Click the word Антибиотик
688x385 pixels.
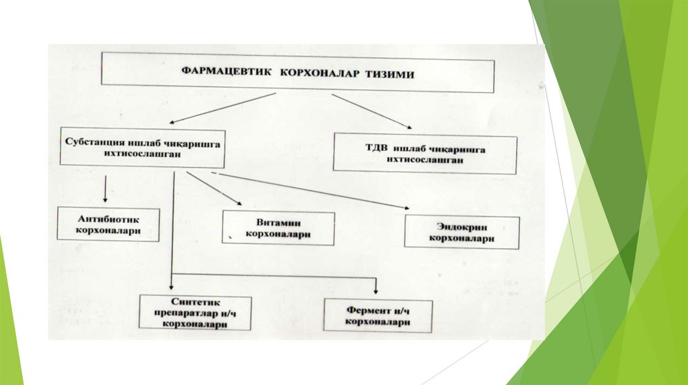click(x=108, y=219)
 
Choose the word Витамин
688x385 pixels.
click(x=277, y=223)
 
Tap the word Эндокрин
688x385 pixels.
click(x=462, y=227)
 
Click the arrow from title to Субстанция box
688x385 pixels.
click(x=222, y=108)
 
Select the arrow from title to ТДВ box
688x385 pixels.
click(x=372, y=109)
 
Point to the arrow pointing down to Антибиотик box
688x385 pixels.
click(x=105, y=189)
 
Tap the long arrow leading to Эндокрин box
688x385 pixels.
click(x=309, y=190)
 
